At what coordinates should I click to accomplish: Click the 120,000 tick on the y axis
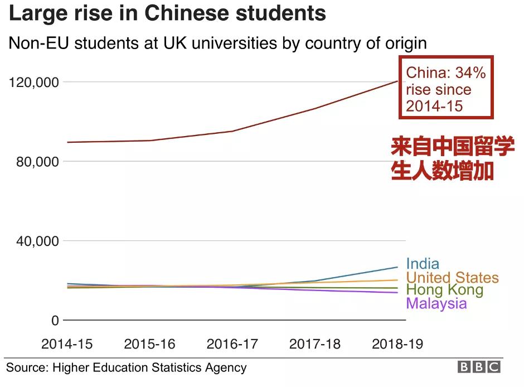(35, 83)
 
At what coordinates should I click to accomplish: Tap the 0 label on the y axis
(55, 321)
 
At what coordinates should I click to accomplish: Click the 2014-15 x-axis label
(67, 344)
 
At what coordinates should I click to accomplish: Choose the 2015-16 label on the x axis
(149, 344)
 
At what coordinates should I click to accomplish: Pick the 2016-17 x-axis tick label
(232, 344)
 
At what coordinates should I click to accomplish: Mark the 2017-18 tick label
(314, 344)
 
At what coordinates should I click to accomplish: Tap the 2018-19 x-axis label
(397, 344)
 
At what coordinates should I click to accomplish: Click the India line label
(423, 264)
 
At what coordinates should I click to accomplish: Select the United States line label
(452, 277)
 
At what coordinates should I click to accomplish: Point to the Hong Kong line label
(444, 290)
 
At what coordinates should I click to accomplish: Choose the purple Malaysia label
(436, 303)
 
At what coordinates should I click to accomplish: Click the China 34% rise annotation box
(446, 88)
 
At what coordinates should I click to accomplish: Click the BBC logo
(479, 367)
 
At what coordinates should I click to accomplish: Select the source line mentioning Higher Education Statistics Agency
(126, 367)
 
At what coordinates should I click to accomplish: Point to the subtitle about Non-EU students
(217, 43)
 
